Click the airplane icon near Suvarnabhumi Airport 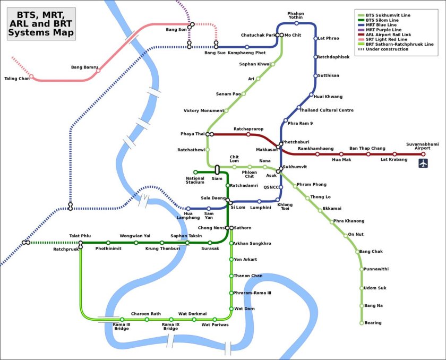point(423,163)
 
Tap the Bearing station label point(373,323)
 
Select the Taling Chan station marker point(31,76)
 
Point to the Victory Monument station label point(203,111)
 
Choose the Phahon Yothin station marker point(296,23)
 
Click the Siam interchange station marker point(217,169)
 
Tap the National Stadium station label point(195,181)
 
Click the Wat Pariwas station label point(215,325)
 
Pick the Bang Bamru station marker point(98,71)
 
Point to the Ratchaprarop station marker point(248,134)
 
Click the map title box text point(41,24)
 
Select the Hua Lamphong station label point(188,216)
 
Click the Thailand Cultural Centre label point(326,110)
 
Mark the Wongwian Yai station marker point(136,243)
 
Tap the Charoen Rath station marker point(147,320)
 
